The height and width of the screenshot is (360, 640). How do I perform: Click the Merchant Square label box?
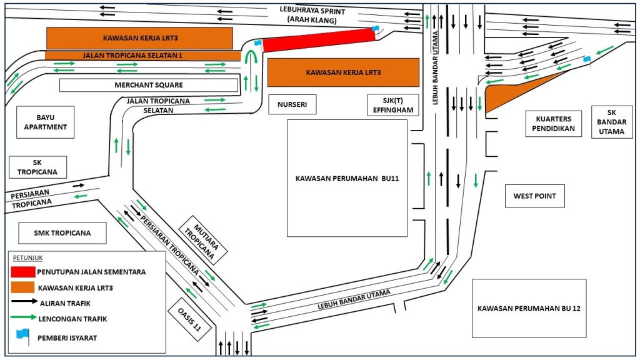tap(149, 85)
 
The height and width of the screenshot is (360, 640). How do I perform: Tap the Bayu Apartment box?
tap(47, 122)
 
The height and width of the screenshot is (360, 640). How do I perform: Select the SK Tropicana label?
tap(37, 167)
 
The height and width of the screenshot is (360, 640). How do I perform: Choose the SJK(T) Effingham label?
tap(392, 105)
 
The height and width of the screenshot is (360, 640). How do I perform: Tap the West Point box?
tap(534, 196)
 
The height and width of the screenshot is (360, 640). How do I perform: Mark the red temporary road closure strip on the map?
tap(319, 40)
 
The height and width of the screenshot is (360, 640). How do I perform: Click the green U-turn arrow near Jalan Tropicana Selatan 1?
tap(251, 61)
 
